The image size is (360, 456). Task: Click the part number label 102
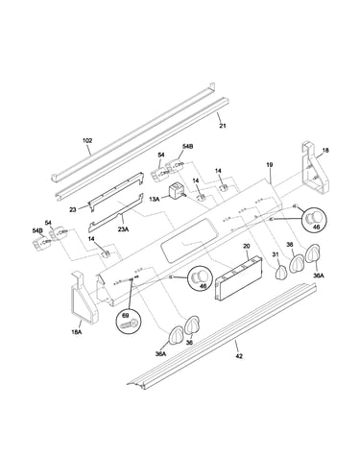(87, 140)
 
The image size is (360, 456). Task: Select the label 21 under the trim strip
(223, 126)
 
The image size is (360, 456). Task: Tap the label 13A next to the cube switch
(155, 199)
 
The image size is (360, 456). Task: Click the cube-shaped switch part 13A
(176, 191)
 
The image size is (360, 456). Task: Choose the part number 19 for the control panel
(270, 165)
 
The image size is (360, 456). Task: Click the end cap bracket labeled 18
(314, 169)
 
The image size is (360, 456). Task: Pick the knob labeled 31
(280, 273)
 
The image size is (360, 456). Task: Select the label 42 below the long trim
(239, 356)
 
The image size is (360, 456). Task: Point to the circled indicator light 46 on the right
(315, 219)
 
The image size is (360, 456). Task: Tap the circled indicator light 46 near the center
(202, 277)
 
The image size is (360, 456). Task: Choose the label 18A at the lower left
(76, 332)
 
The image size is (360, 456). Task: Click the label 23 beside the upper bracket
(73, 210)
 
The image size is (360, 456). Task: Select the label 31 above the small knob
(276, 254)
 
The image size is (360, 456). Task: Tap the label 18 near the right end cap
(325, 150)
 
